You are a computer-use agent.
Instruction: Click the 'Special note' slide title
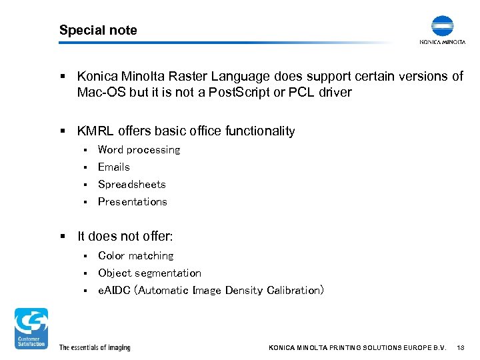click(98, 30)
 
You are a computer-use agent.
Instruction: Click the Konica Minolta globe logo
click(442, 26)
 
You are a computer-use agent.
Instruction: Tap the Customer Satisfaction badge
click(31, 328)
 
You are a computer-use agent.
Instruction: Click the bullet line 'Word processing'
click(139, 150)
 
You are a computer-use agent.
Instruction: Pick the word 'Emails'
click(114, 167)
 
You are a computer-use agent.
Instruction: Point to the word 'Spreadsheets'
click(132, 185)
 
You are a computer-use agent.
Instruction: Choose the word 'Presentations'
click(133, 202)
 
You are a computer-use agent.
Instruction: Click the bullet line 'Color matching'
click(135, 256)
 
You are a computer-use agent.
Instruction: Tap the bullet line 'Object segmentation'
click(149, 273)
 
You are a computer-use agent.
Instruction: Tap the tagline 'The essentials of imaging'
click(95, 348)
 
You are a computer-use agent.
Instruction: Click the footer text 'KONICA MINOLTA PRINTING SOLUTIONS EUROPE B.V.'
click(357, 348)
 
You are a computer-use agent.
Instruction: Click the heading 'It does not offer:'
click(125, 237)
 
